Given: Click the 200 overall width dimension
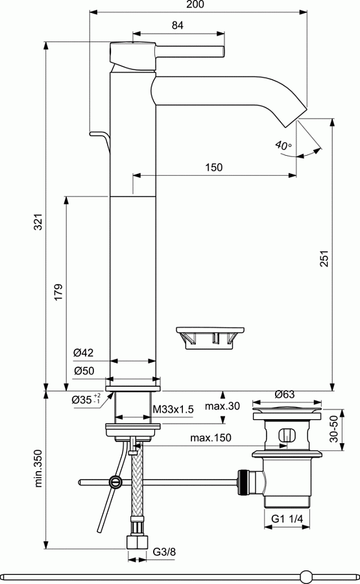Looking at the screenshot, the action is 196,5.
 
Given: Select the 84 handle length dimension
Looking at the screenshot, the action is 178,25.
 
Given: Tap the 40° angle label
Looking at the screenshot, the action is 283,145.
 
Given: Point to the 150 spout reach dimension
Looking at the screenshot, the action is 213,167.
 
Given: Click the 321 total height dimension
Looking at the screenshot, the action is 39,222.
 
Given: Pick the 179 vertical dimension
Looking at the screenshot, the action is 58,293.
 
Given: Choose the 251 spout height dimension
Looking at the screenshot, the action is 324,258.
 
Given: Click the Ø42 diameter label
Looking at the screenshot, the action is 84,352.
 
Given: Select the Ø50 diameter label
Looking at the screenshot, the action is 84,371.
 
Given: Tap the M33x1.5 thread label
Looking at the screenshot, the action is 173,409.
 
